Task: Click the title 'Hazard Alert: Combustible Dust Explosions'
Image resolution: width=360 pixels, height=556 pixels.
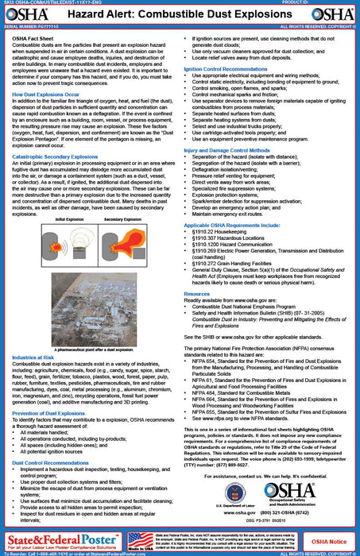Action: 180,14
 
